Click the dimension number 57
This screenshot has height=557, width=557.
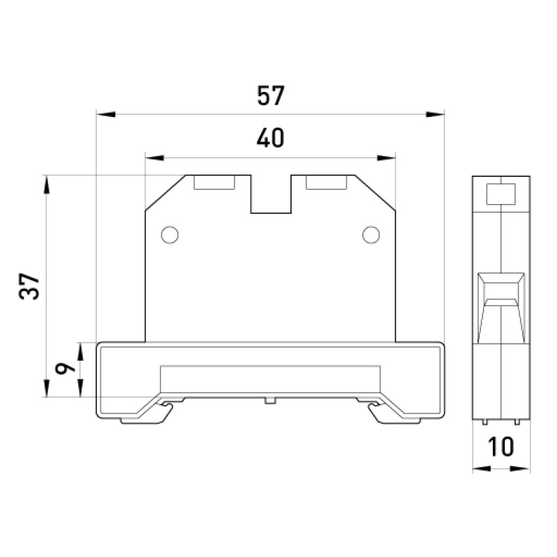[x=271, y=95]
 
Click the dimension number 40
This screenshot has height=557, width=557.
[x=271, y=138]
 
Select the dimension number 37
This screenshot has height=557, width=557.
[x=29, y=286]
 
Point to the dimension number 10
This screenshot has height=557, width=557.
[x=501, y=446]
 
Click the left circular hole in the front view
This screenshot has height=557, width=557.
[x=169, y=235]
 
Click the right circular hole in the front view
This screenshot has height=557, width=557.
[x=371, y=235]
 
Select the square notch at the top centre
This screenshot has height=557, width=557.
[x=271, y=194]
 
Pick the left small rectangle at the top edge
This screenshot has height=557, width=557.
[x=214, y=182]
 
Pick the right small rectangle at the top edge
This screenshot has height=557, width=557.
[x=326, y=182]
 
